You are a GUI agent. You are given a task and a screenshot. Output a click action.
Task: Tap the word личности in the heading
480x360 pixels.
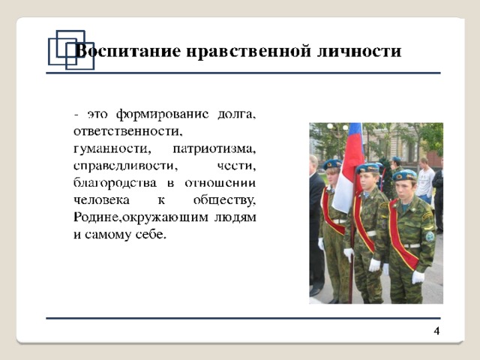pos(358,52)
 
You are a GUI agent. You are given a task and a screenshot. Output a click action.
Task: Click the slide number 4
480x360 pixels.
pos(436,331)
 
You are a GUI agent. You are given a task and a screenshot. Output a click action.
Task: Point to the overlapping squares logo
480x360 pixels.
pos(71,49)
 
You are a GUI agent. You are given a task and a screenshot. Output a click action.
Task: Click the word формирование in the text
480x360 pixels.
pos(162,114)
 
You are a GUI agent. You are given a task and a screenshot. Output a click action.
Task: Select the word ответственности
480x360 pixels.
pos(127,132)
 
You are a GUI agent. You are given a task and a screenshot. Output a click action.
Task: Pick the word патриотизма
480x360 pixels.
pos(214,149)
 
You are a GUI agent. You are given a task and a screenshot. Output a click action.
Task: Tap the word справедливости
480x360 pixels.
pos(125,166)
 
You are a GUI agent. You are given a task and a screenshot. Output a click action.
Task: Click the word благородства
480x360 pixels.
pos(115,183)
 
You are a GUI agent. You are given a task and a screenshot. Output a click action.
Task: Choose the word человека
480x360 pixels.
pos(101,200)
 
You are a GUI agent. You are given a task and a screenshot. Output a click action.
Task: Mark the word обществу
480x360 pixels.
pos(224,200)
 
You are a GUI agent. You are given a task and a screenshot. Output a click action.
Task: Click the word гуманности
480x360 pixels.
pos(112,149)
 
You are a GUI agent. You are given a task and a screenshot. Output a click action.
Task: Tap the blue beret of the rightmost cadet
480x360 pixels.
pos(405,175)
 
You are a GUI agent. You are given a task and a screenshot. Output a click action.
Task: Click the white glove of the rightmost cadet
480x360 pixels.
pos(418,277)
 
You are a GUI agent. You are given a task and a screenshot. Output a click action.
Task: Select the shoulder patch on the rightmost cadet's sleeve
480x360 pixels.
pos(430,236)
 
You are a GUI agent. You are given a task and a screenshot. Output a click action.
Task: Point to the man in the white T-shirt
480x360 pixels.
pos(425,181)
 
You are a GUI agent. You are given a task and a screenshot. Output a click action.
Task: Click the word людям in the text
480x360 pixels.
pos(235,217)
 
